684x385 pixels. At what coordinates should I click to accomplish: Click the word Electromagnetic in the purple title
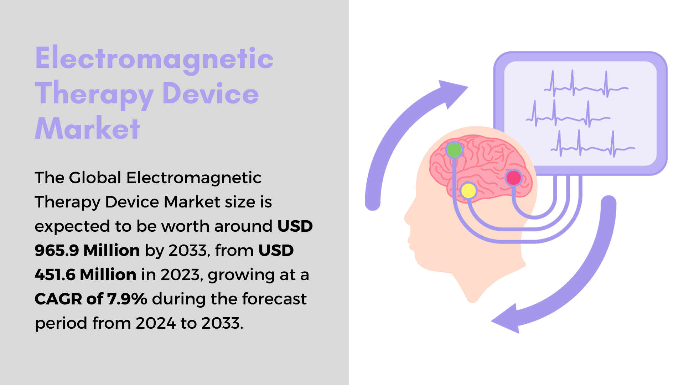click(154, 59)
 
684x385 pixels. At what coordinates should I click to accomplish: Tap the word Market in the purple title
click(87, 128)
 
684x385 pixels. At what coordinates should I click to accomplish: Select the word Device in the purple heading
click(211, 93)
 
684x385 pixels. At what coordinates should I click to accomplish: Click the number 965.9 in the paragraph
click(57, 250)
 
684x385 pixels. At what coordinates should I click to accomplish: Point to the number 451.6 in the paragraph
click(55, 274)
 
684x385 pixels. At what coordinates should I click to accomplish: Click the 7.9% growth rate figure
click(127, 299)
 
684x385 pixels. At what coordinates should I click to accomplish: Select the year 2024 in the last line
click(156, 323)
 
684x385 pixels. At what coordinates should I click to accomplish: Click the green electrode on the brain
click(454, 150)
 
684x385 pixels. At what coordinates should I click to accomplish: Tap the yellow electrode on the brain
click(468, 190)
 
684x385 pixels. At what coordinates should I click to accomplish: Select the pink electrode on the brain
click(514, 178)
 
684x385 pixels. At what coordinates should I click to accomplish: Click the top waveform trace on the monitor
click(586, 85)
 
